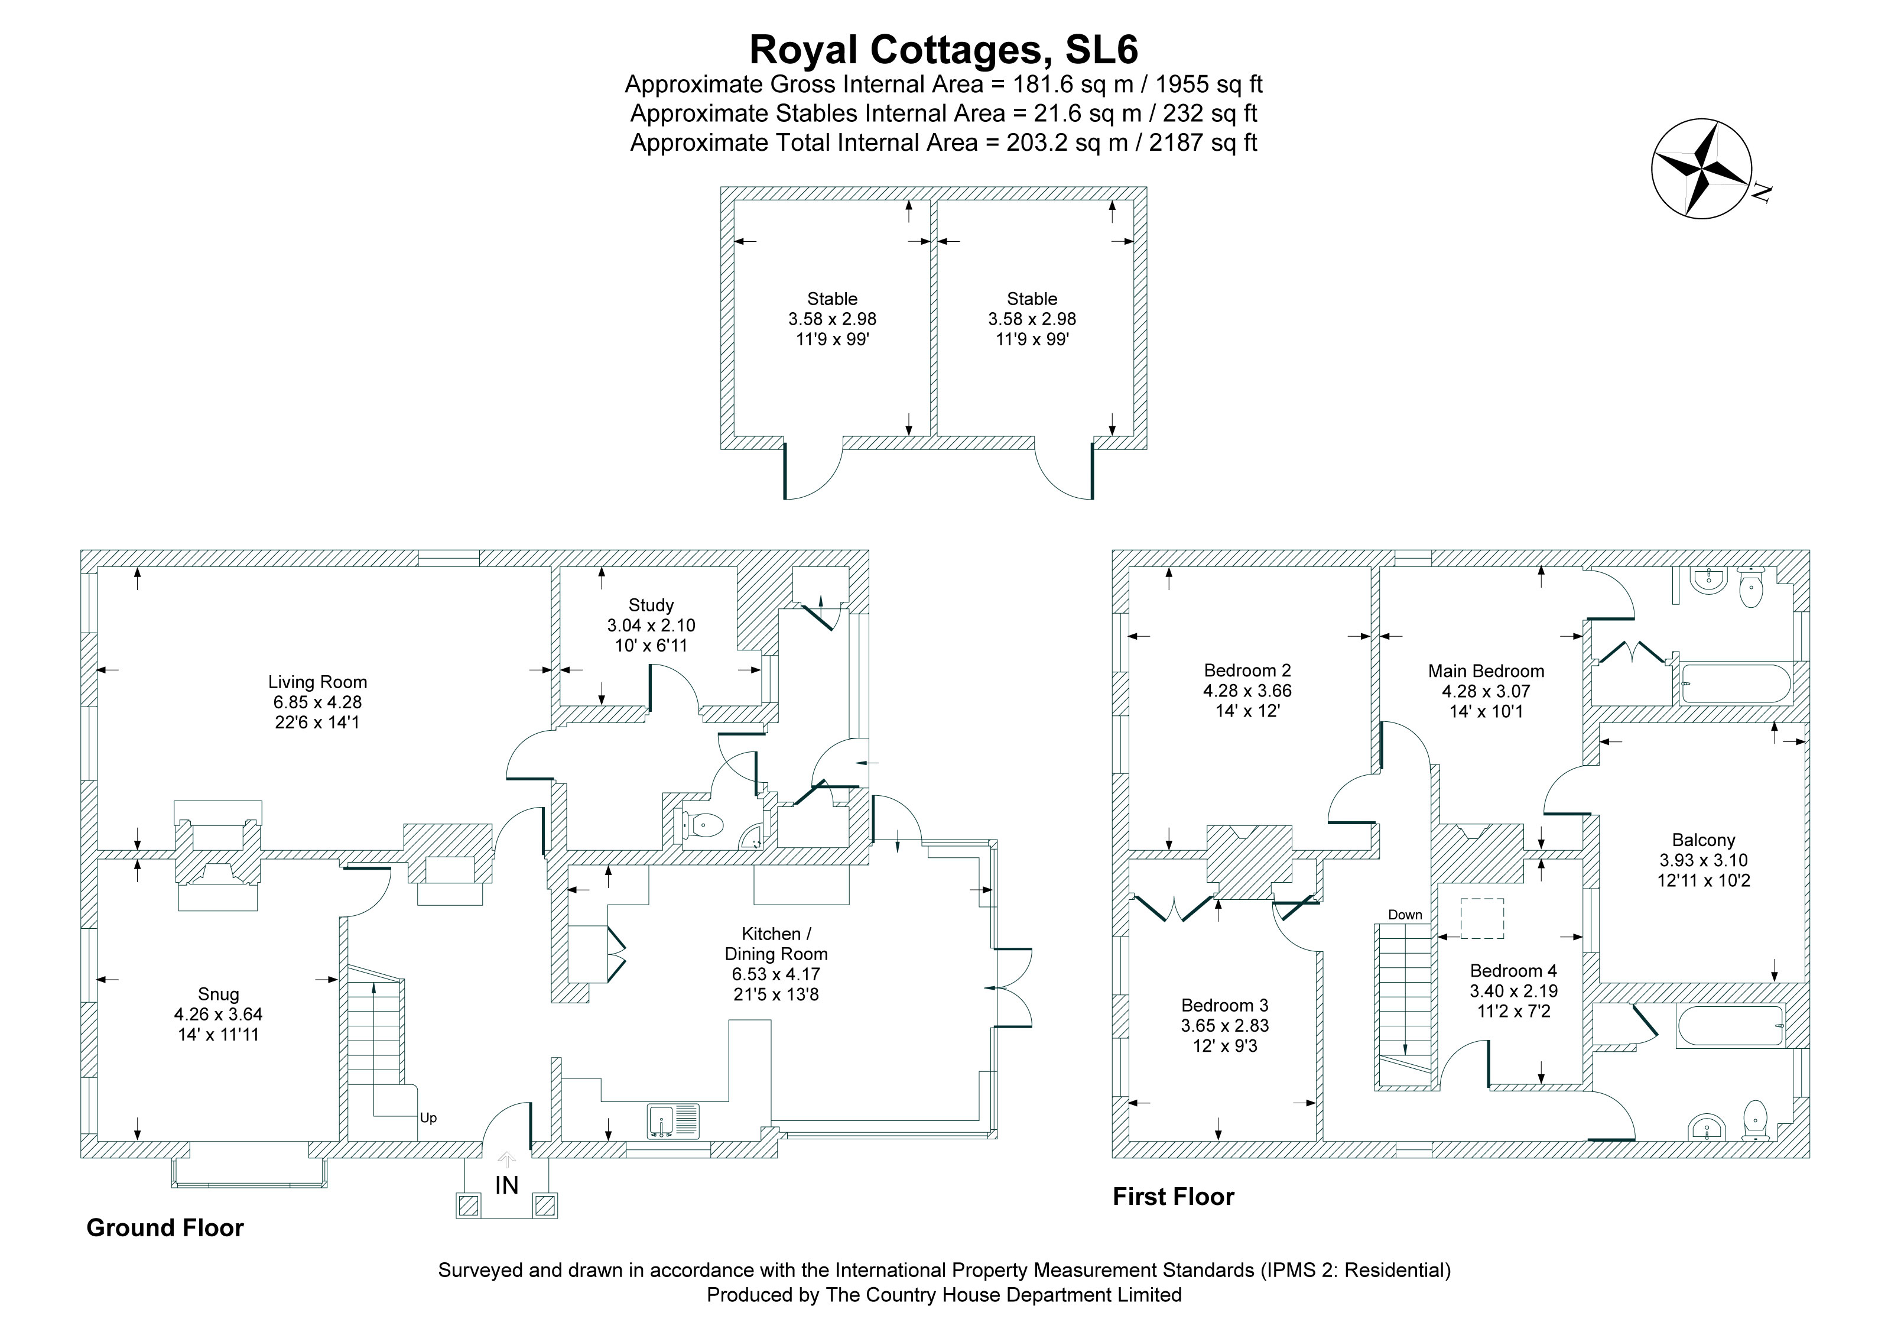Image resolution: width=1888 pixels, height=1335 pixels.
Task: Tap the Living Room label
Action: coord(317,682)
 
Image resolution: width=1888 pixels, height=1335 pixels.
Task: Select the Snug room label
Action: coord(219,994)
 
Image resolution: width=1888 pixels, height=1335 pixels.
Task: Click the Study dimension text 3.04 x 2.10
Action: coord(651,625)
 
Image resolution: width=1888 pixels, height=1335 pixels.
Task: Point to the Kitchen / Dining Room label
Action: coord(776,944)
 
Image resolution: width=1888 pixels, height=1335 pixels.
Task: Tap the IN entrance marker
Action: coord(506,1185)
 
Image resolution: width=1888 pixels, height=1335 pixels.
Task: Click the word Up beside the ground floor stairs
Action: coord(428,1119)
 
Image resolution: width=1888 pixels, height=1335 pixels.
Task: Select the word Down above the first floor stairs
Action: coord(1405,915)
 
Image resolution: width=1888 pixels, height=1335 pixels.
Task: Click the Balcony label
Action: coord(1703,840)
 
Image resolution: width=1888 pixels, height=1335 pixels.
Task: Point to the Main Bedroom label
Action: coord(1486,671)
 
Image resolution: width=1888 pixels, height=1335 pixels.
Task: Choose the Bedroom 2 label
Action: coord(1247,670)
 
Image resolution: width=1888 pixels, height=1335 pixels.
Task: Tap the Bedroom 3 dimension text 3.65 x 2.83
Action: coord(1225,1026)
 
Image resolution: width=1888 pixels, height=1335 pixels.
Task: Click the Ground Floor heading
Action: coord(165,1228)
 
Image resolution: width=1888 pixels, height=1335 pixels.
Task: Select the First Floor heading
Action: coord(1174,1197)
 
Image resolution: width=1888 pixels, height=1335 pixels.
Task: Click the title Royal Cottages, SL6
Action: coord(944,49)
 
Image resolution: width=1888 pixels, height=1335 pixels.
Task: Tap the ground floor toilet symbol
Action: coord(698,824)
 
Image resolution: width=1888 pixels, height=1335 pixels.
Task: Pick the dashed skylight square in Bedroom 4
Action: coord(1482,919)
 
